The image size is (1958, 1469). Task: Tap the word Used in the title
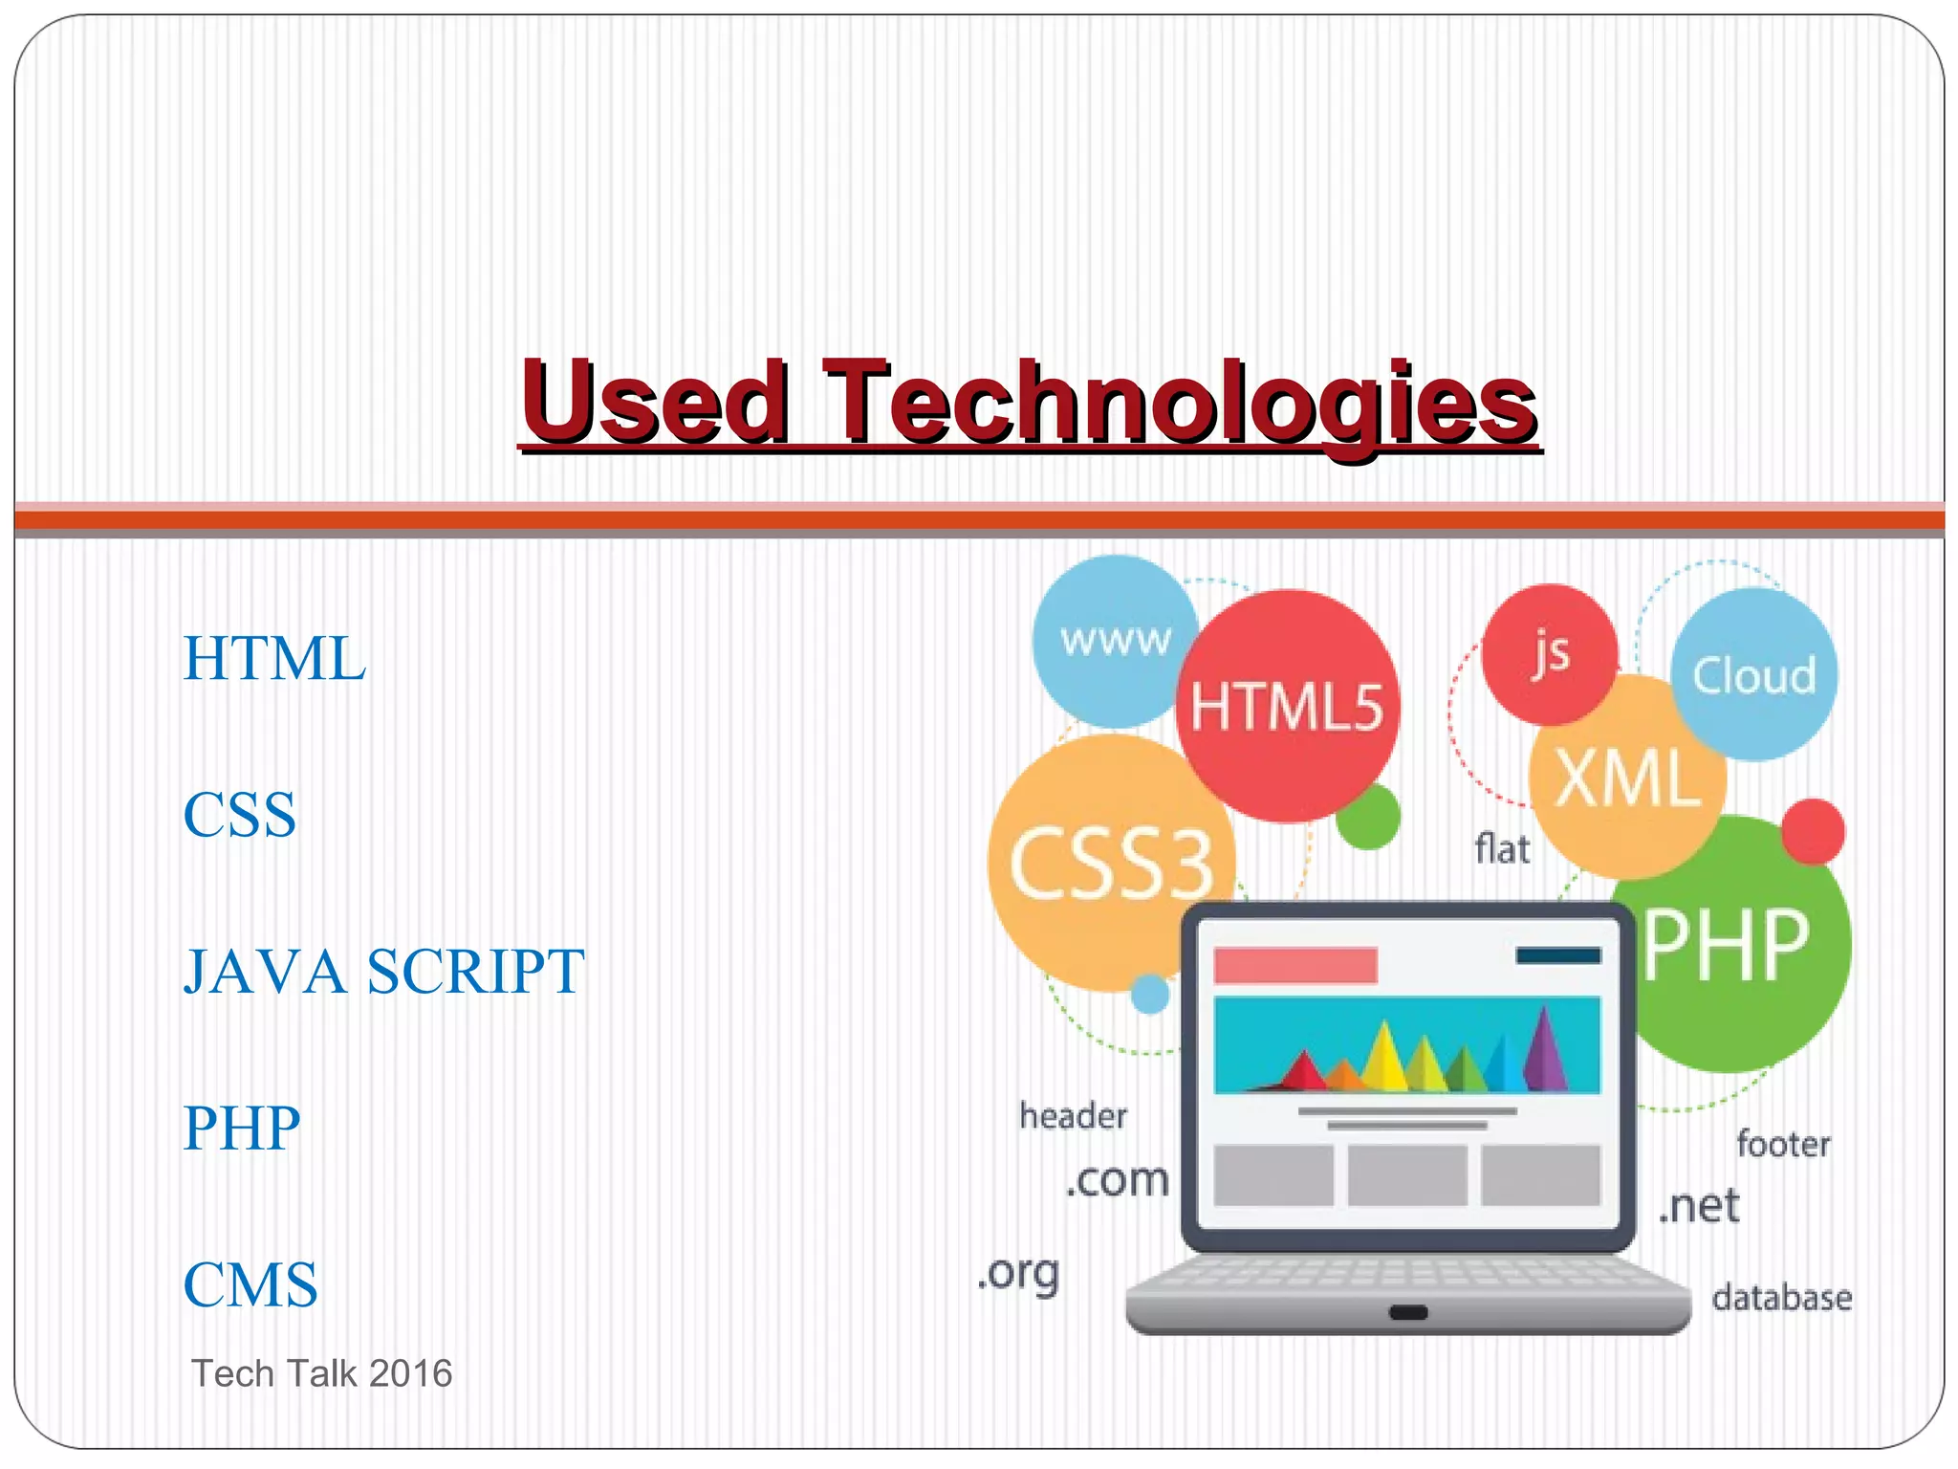point(655,402)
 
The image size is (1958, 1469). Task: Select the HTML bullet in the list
point(274,659)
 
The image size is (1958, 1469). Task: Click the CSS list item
point(240,816)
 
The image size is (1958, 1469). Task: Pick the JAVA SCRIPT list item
point(383,972)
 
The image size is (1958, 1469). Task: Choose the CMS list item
point(250,1284)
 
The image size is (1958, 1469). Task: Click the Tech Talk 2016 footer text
point(322,1373)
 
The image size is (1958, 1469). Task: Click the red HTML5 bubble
point(1287,708)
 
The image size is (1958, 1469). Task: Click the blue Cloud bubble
point(1754,675)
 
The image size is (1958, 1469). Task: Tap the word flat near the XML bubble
point(1502,849)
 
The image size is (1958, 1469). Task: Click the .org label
point(1019,1274)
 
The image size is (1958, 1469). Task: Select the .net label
point(1699,1207)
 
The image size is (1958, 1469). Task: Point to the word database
point(1781,1298)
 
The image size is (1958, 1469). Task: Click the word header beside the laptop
point(1073,1116)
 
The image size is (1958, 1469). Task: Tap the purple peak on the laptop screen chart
point(1542,1049)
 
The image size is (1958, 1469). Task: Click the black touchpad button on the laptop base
point(1408,1313)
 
